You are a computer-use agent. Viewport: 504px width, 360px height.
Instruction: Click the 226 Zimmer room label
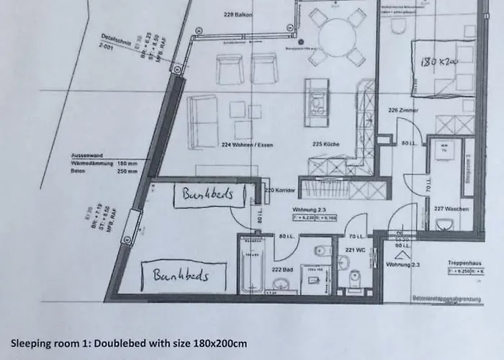(x=402, y=110)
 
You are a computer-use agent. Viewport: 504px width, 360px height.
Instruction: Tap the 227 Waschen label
(x=453, y=209)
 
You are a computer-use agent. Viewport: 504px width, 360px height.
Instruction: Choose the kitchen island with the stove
(x=315, y=98)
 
